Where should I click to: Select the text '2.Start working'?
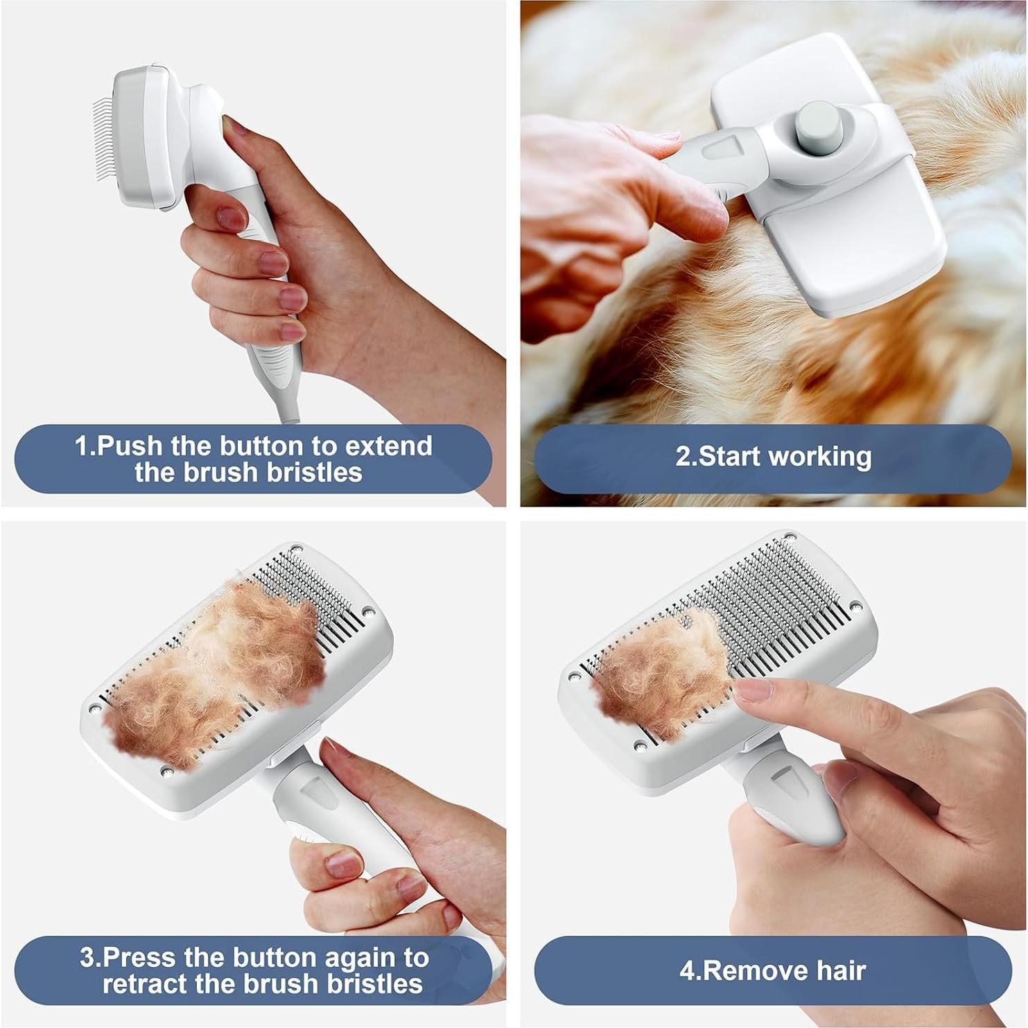[773, 457]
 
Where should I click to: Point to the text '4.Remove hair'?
[772, 970]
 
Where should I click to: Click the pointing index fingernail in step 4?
[751, 690]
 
